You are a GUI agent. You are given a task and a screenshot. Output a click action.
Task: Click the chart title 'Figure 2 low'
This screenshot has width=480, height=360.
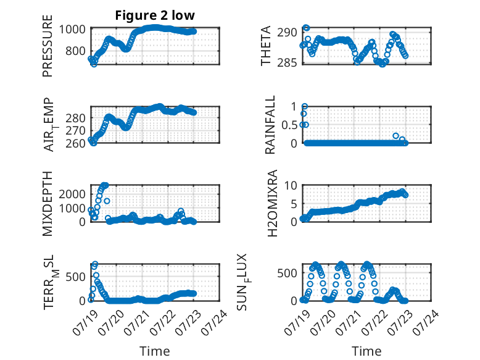tap(155, 15)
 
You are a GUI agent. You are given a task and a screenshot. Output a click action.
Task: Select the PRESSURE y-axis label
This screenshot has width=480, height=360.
tap(48, 46)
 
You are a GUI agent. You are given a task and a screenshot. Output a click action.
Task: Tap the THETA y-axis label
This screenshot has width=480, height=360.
tap(266, 46)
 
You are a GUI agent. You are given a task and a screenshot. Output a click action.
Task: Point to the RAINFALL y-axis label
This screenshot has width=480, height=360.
tap(270, 125)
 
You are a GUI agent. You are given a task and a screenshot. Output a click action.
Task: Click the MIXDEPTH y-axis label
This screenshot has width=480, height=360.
tap(48, 204)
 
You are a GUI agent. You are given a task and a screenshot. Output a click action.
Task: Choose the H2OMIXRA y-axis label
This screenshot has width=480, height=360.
tap(272, 203)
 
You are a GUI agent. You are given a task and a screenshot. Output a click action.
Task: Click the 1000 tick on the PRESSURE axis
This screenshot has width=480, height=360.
tap(72, 30)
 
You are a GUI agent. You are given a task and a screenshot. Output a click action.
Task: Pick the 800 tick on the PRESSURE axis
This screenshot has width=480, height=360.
tap(75, 51)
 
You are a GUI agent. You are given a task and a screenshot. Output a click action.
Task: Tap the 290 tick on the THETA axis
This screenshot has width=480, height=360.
tap(287, 33)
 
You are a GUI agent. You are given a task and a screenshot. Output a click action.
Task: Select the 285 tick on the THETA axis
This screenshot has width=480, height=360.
tap(287, 63)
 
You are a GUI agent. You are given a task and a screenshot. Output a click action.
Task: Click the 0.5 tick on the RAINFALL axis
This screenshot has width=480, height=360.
tap(289, 125)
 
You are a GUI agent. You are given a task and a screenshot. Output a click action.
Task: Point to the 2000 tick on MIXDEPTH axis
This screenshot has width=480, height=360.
tap(72, 194)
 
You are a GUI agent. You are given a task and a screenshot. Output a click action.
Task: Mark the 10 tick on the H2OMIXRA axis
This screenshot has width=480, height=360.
tap(291, 185)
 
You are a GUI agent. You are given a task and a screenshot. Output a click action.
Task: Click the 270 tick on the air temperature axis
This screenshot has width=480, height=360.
tap(75, 131)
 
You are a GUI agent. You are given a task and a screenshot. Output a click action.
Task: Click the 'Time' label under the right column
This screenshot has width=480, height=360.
tap(366, 351)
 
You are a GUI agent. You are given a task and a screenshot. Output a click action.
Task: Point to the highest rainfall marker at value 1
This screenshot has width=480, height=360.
tap(305, 107)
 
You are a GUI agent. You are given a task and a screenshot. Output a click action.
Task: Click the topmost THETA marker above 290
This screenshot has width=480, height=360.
tap(307, 28)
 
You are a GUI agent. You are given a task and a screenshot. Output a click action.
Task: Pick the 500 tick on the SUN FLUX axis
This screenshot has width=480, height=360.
tap(287, 273)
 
